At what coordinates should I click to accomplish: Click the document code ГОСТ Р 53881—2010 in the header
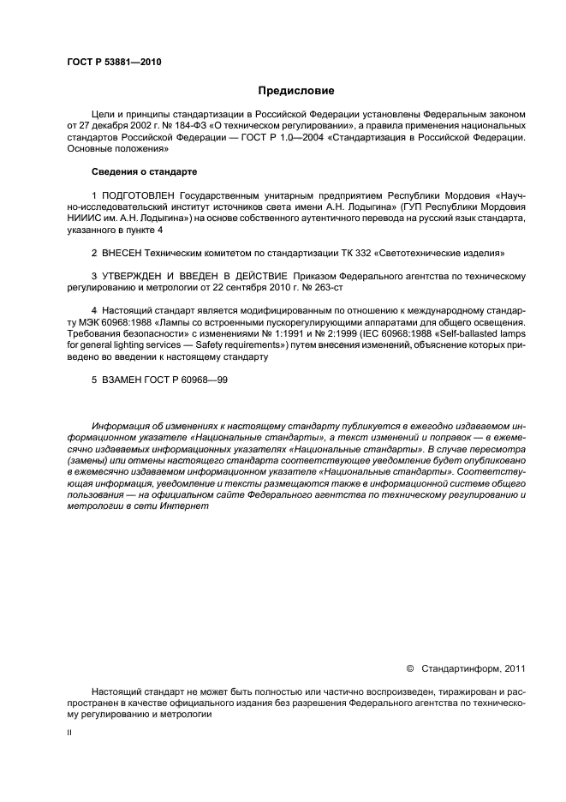(114, 63)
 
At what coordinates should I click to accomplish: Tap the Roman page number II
(69, 734)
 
